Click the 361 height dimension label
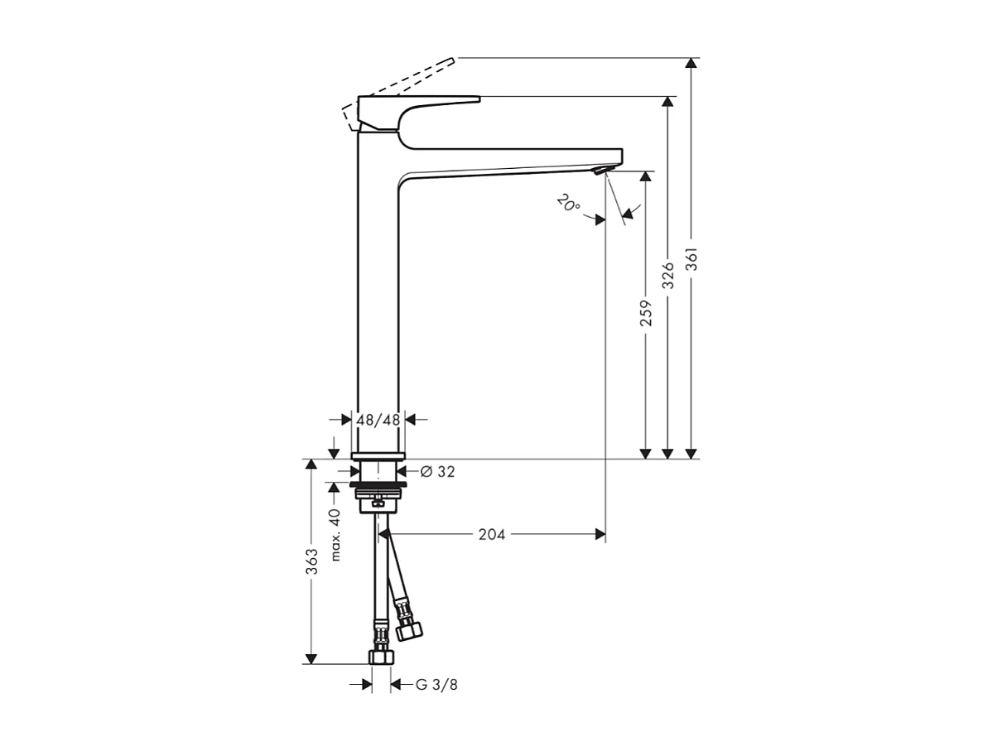[x=692, y=260]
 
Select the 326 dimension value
[x=668, y=274]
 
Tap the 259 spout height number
[x=646, y=312]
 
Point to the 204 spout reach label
[x=492, y=535]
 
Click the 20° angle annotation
[x=568, y=204]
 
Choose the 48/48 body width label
[x=378, y=420]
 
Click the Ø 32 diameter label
[x=437, y=472]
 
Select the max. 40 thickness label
[x=335, y=535]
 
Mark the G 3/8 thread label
[x=436, y=685]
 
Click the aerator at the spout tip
[x=600, y=171]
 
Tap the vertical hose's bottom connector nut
[x=381, y=657]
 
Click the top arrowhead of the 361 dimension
[x=692, y=64]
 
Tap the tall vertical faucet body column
[x=378, y=290]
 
